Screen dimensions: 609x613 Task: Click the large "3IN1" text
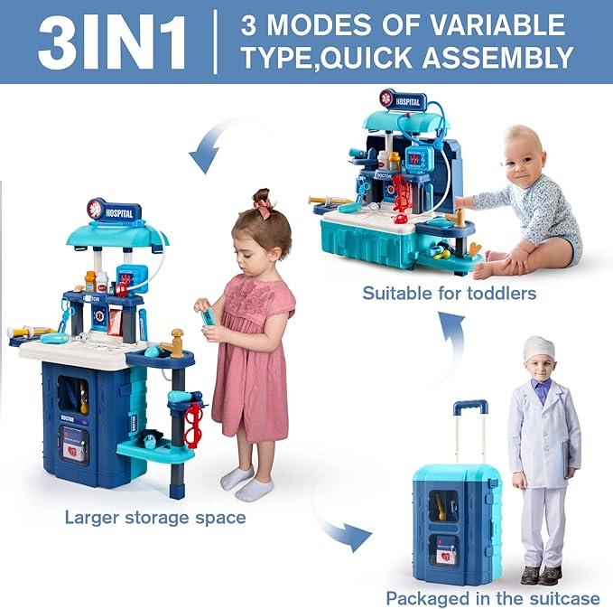112,42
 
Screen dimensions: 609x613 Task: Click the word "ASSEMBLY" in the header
486,59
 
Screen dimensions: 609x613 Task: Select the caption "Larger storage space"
154,518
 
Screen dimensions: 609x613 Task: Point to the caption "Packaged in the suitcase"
492,597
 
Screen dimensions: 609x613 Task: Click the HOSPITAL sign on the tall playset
115,211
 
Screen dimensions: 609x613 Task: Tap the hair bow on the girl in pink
263,208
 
